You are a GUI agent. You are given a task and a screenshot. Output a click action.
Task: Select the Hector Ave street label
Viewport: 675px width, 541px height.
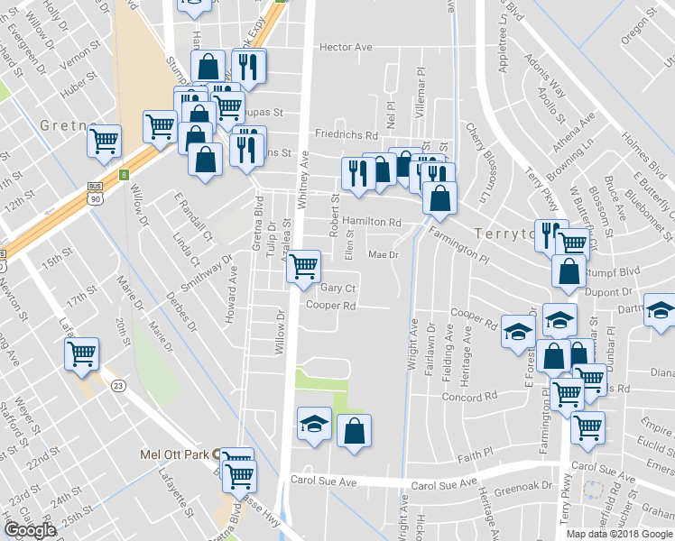(347, 47)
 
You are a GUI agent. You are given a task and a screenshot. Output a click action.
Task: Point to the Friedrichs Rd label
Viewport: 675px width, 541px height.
(346, 134)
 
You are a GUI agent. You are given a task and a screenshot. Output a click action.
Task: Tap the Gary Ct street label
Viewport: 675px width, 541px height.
(339, 289)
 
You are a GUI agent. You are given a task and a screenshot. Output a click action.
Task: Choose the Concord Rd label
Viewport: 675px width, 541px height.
(470, 396)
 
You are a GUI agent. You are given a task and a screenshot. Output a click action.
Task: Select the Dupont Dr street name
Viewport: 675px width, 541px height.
(607, 293)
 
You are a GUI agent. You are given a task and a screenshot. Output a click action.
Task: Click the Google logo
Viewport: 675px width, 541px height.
(30, 530)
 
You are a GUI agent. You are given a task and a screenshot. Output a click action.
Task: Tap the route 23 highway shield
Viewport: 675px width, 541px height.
(118, 385)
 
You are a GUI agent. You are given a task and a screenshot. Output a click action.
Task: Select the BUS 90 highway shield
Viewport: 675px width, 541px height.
(95, 193)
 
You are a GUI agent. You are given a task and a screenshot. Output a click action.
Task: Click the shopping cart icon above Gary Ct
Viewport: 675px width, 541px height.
(303, 265)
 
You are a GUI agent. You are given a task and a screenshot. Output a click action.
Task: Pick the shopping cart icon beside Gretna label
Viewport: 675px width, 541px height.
(105, 139)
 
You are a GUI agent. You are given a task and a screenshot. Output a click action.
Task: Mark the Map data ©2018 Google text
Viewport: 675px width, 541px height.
(620, 534)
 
